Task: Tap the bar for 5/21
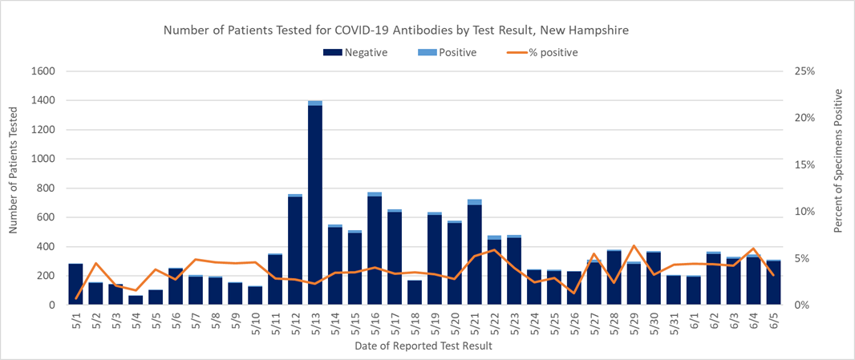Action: (474, 253)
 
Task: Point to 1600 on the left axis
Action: (42, 71)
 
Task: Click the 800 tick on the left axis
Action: (45, 188)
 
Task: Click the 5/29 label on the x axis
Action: (634, 322)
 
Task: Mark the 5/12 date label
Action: (295, 322)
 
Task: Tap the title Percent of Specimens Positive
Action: (838, 160)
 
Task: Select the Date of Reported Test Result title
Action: (423, 346)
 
